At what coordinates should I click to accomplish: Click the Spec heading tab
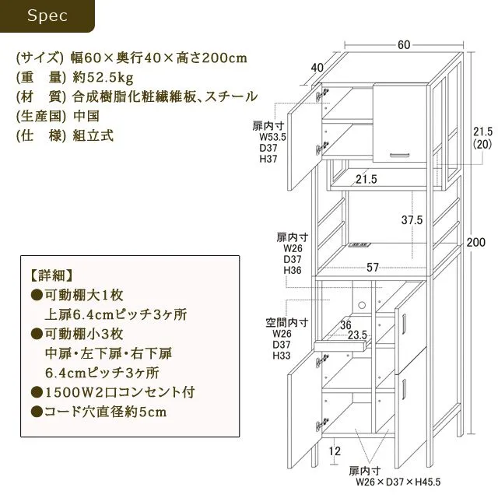(47, 16)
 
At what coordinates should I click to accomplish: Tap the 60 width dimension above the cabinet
(404, 45)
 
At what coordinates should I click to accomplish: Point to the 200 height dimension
(475, 242)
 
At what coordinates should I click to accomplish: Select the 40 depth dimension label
(317, 68)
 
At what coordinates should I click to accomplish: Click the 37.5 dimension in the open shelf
(412, 219)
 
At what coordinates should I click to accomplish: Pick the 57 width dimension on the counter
(373, 268)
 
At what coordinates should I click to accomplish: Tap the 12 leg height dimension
(335, 451)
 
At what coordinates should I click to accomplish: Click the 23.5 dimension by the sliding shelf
(357, 335)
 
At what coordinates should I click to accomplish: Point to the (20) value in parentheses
(482, 145)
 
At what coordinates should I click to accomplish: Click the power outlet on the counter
(359, 245)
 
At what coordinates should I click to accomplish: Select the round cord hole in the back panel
(361, 306)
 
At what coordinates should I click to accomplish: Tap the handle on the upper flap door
(399, 155)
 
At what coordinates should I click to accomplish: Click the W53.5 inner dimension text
(273, 137)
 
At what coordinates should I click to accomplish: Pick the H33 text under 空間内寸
(282, 356)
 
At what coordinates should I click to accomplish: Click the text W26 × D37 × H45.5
(398, 482)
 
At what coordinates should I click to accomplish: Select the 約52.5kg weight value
(103, 78)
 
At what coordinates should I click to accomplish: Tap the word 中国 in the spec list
(86, 116)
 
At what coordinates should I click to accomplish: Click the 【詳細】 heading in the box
(51, 275)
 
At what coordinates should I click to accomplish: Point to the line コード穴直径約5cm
(99, 412)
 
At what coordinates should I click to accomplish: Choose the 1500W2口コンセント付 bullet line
(113, 392)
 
